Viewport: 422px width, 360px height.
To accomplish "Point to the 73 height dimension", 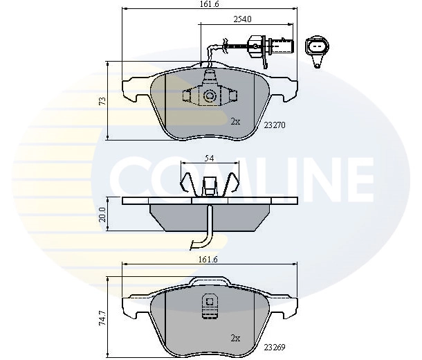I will [102, 100].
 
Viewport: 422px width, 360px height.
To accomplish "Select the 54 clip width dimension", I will [209, 159].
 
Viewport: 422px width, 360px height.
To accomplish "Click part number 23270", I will [275, 125].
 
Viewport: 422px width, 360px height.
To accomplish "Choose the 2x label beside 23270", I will [235, 121].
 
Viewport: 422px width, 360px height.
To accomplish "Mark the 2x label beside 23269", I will [235, 338].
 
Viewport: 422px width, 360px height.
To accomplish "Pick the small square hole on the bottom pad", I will [208, 301].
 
